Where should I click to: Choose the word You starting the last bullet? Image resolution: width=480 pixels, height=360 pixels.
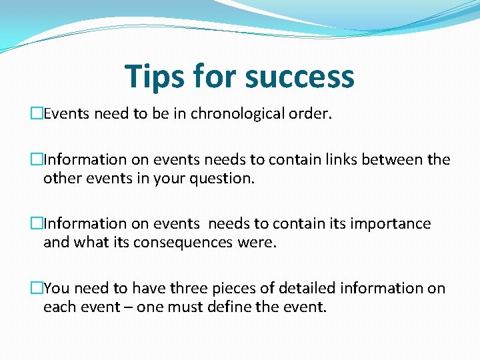tap(55, 288)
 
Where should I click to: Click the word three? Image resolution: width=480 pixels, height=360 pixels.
tap(189, 288)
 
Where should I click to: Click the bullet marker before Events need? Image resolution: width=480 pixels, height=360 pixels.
tap(37, 114)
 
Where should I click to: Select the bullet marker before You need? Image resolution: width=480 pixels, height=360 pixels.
tap(37, 288)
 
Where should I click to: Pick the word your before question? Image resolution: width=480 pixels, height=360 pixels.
tap(172, 179)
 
